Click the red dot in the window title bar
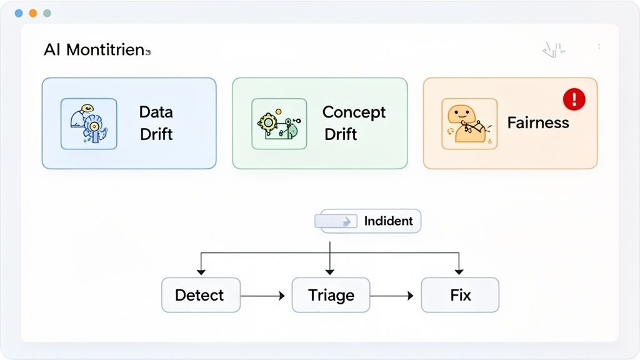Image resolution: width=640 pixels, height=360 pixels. (18, 13)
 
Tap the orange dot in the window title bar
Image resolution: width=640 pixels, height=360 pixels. (32, 13)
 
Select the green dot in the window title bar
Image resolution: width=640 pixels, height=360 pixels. (47, 13)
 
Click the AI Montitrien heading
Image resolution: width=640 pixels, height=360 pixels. (97, 51)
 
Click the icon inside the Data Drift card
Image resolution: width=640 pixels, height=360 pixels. (89, 124)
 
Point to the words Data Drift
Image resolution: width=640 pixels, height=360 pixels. (156, 123)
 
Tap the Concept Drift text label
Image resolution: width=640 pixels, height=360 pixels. (353, 123)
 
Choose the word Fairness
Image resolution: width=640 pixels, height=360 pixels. (538, 122)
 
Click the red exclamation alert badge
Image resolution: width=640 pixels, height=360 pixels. (574, 99)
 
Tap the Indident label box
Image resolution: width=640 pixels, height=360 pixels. (371, 221)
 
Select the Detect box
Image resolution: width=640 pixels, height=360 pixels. (200, 295)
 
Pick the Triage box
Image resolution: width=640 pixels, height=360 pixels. (331, 295)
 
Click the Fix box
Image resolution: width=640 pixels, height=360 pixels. (460, 295)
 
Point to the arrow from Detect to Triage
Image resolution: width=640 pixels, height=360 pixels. (263, 296)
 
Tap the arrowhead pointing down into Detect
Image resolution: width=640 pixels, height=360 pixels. (201, 271)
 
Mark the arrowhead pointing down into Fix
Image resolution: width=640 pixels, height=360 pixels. (459, 271)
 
